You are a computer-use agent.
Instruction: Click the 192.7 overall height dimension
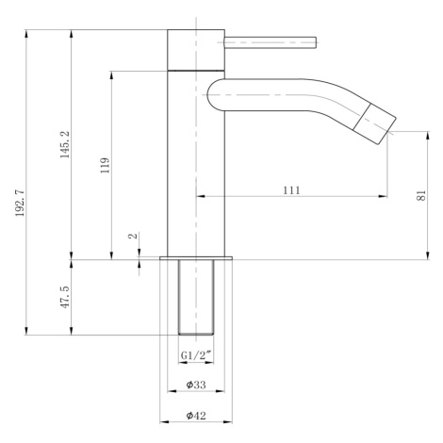20,203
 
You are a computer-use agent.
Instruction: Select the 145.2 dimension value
65,144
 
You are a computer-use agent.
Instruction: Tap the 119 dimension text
105,165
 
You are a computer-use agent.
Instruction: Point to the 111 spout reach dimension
291,190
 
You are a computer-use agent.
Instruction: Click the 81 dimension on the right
421,195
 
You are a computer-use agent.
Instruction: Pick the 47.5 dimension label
65,297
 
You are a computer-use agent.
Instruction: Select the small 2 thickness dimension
134,236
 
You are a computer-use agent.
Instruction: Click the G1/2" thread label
196,355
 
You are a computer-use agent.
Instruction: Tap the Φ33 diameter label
196,385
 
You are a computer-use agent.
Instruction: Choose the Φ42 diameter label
196,416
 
